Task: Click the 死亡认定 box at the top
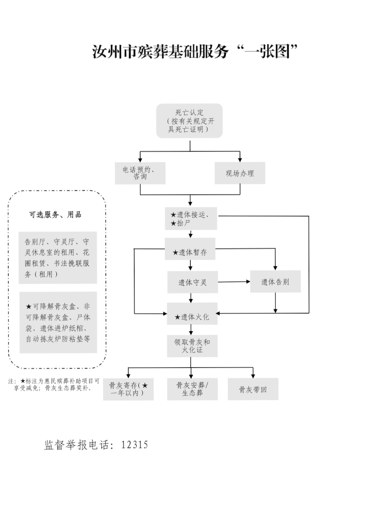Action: click(189, 121)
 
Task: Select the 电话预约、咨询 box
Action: click(140, 173)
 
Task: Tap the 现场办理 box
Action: click(240, 173)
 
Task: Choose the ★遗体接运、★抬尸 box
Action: click(191, 219)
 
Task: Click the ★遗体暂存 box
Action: click(190, 253)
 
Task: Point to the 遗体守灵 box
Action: click(192, 282)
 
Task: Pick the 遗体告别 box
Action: click(275, 282)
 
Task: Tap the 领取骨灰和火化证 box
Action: click(192, 346)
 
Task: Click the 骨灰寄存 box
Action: click(128, 389)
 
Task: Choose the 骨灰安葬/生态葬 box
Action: click(192, 389)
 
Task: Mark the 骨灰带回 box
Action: click(253, 389)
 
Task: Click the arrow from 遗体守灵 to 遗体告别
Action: click(234, 282)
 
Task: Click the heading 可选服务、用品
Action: click(55, 215)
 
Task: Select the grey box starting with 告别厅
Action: click(58, 257)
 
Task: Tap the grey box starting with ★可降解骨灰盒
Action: click(58, 322)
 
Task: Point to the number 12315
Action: click(134, 445)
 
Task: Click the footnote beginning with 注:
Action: click(54, 384)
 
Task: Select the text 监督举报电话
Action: click(77, 445)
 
